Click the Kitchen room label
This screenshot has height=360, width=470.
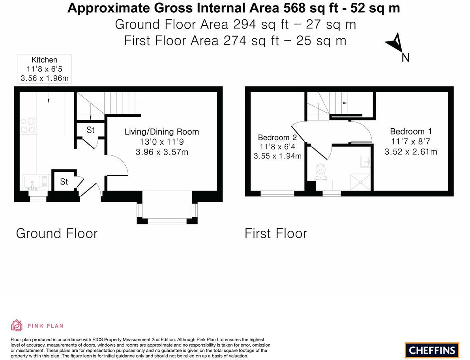45,60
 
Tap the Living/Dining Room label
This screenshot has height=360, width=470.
162,132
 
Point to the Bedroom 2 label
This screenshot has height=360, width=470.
277,138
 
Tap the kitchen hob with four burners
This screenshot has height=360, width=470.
28,125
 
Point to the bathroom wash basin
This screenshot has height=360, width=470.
365,161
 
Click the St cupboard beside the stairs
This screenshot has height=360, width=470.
90,131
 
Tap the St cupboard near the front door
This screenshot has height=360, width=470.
64,182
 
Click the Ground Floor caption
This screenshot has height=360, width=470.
56,233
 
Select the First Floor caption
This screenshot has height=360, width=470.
275,233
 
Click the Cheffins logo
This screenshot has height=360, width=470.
432,350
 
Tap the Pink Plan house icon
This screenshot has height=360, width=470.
17,325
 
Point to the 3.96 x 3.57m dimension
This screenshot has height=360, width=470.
162,151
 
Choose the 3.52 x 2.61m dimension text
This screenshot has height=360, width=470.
411,151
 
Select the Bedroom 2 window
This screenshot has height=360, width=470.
277,193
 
